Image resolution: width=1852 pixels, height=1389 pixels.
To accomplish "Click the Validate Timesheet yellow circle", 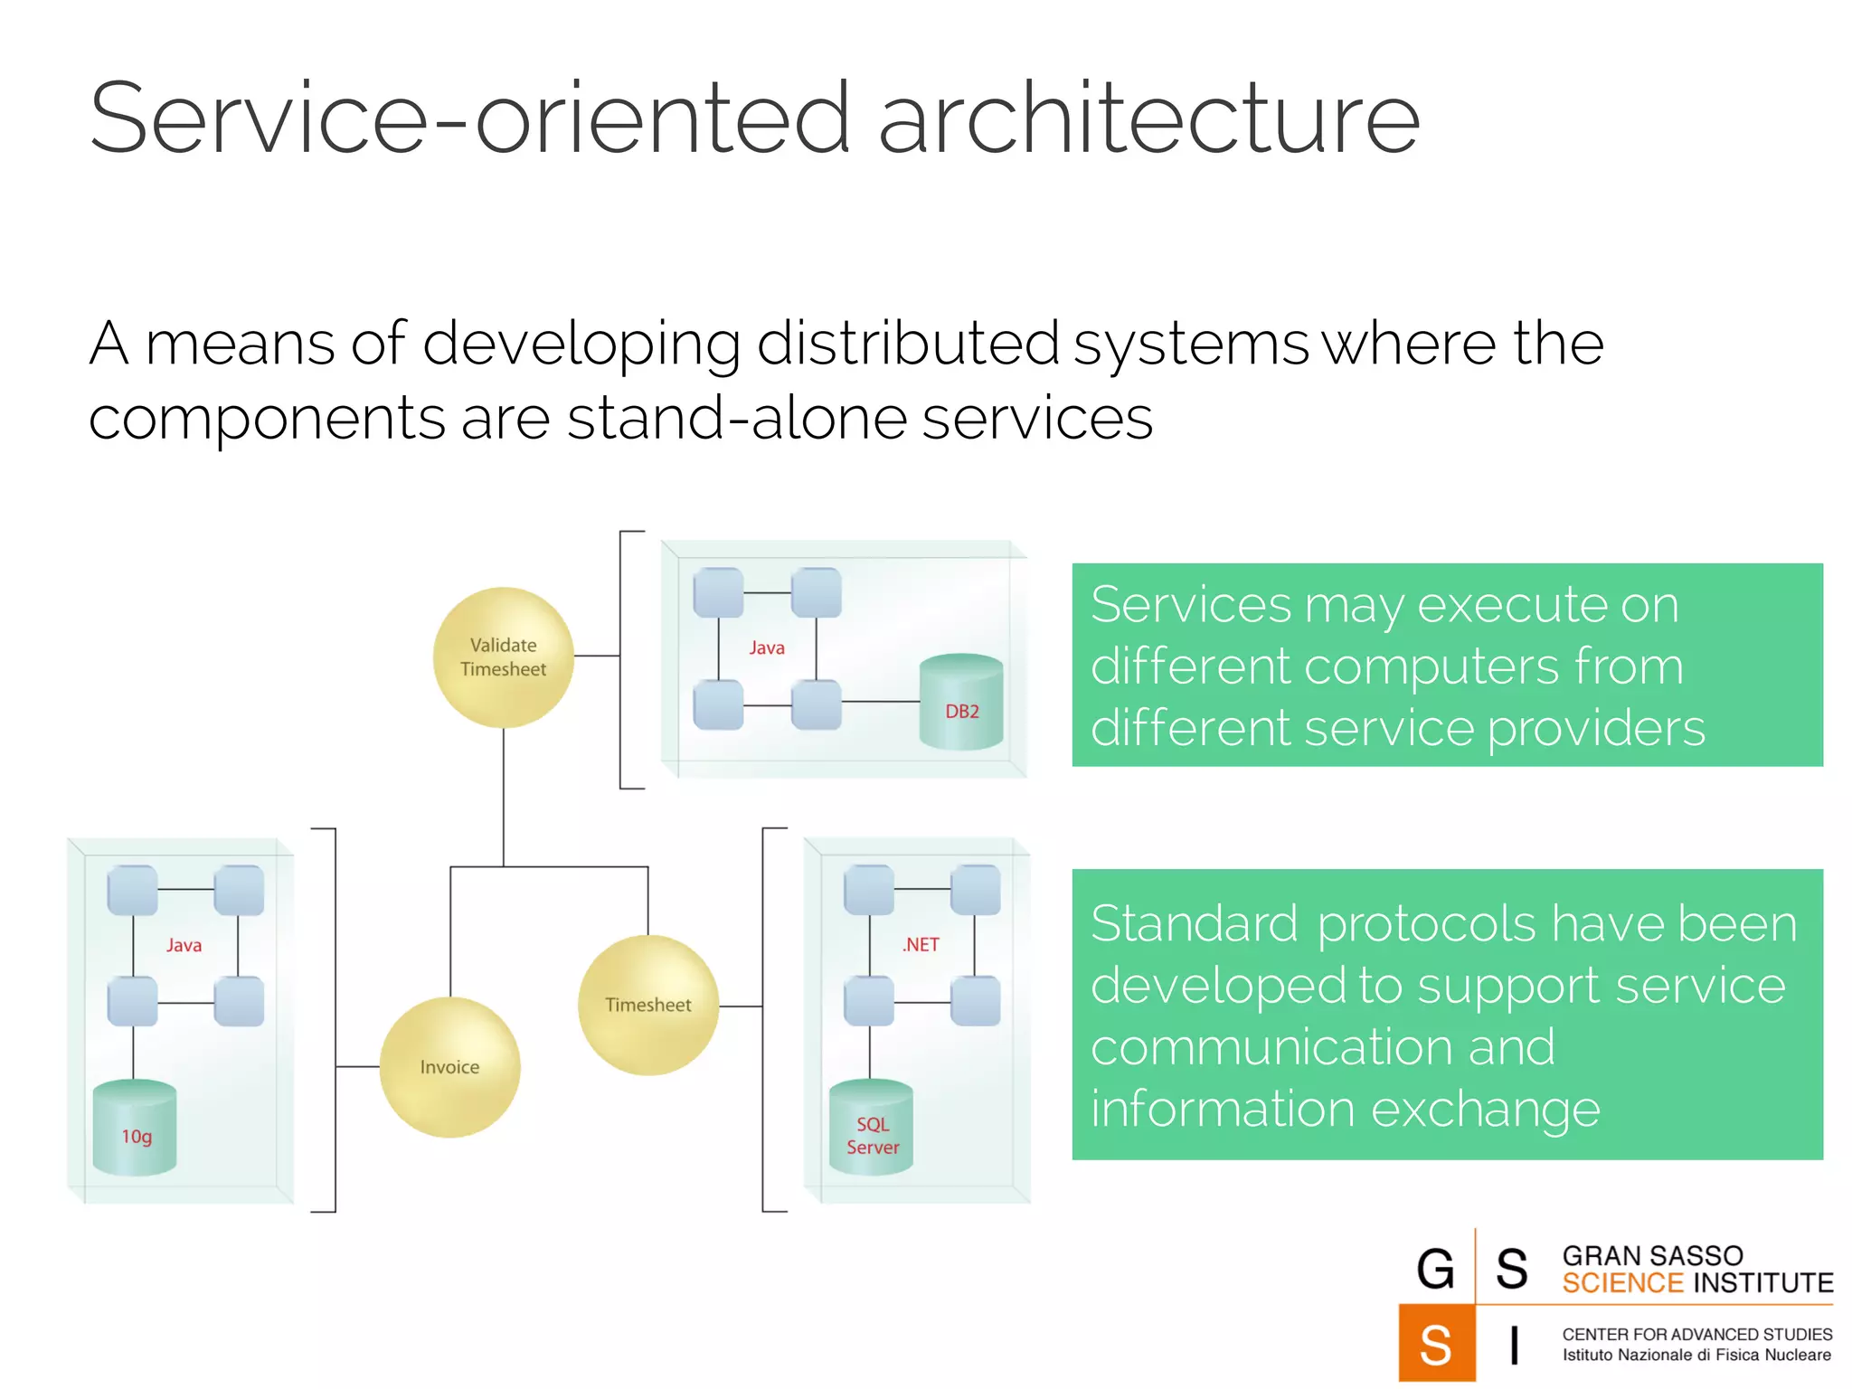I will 504,657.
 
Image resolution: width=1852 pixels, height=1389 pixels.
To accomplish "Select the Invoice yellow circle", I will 449,1067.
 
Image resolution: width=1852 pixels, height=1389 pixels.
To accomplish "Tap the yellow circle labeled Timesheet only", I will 648,1005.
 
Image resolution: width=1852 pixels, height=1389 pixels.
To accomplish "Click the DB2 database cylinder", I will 961,703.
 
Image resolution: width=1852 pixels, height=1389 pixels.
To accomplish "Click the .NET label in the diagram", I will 921,945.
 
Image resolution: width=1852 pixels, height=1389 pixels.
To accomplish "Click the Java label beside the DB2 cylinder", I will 767,648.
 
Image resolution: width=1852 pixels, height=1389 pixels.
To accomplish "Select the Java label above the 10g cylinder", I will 184,946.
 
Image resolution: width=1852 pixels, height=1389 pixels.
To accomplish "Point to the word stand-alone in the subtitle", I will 737,419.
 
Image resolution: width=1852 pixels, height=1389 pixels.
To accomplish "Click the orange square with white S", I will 1436,1344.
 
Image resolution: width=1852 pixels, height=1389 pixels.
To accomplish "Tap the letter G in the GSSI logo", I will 1435,1269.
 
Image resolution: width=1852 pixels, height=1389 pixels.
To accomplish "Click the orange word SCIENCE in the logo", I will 1621,1283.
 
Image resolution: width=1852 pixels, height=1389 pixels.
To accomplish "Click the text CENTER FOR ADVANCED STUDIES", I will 1696,1334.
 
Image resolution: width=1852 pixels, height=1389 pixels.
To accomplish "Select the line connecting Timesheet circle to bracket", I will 741,1006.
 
